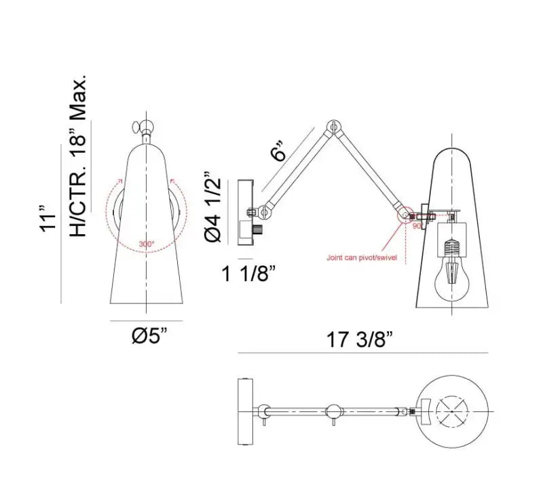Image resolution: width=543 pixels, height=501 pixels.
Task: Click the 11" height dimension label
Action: [x=46, y=217]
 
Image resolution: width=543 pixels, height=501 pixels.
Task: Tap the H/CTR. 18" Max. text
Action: [x=79, y=156]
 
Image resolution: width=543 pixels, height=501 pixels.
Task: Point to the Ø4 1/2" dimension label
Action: [x=212, y=208]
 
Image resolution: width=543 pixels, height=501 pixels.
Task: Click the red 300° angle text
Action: [x=146, y=242]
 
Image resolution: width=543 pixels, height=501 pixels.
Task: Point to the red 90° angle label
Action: [x=417, y=225]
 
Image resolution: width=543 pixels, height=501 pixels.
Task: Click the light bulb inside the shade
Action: [x=452, y=272]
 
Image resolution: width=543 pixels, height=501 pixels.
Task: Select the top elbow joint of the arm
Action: [x=333, y=126]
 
